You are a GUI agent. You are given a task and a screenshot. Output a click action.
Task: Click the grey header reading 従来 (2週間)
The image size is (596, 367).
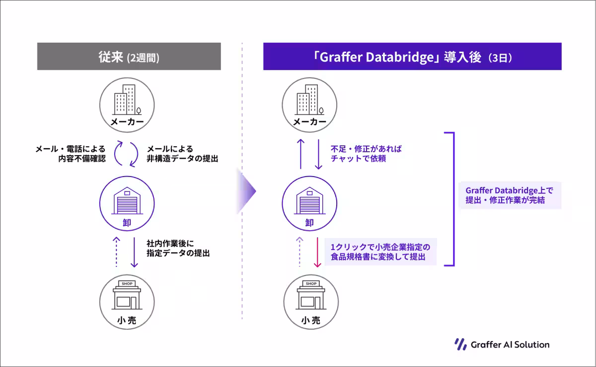(x=129, y=57)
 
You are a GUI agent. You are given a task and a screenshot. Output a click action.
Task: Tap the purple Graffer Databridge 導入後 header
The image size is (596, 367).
(x=412, y=56)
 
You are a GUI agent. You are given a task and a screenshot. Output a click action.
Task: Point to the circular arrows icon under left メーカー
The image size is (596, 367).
(x=126, y=154)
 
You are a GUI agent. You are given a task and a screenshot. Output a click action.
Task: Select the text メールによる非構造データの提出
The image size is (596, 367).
(x=182, y=154)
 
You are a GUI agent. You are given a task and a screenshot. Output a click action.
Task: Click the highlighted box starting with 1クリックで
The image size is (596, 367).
(x=380, y=252)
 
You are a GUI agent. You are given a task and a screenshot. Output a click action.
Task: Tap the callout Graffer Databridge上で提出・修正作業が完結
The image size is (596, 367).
(x=510, y=195)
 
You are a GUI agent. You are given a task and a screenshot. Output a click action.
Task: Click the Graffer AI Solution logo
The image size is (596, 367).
(x=502, y=344)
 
